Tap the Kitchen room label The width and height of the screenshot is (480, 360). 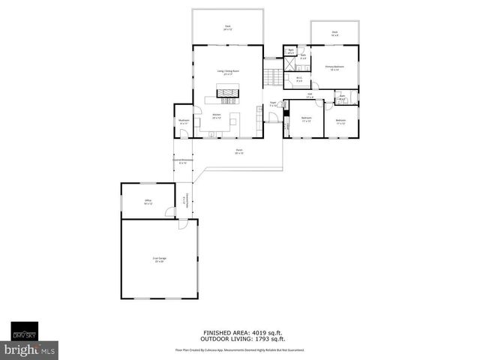click(x=216, y=115)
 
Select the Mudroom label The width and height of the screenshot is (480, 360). click(x=183, y=121)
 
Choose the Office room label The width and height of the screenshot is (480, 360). click(x=148, y=201)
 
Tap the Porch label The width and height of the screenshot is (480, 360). click(x=238, y=151)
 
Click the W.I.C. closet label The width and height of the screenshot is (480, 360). click(x=298, y=78)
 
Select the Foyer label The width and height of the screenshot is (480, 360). click(x=274, y=104)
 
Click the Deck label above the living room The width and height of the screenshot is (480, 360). click(x=227, y=28)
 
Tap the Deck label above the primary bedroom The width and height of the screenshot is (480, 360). click(x=334, y=33)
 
